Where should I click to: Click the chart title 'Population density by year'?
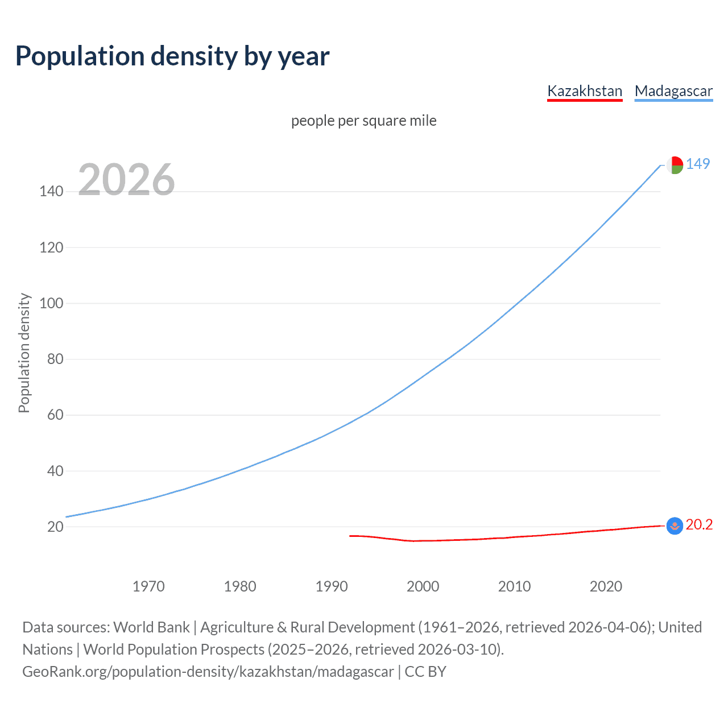172,56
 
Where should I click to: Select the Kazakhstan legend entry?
585,91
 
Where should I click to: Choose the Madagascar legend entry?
673,91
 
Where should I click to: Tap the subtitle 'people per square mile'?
363,121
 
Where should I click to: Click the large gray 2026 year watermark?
126,180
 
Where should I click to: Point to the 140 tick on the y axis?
51,191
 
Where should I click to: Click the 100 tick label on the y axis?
51,303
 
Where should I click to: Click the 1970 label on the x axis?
148,586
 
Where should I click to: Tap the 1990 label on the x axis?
332,586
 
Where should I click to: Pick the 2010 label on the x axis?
514,586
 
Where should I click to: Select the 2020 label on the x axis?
606,586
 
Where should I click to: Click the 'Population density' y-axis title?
24,353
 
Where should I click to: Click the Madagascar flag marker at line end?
675,165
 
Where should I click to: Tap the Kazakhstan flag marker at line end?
675,526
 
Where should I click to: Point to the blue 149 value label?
698,164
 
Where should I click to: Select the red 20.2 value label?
699,524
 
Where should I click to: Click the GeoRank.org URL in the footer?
208,672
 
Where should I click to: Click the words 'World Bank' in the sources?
151,627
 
